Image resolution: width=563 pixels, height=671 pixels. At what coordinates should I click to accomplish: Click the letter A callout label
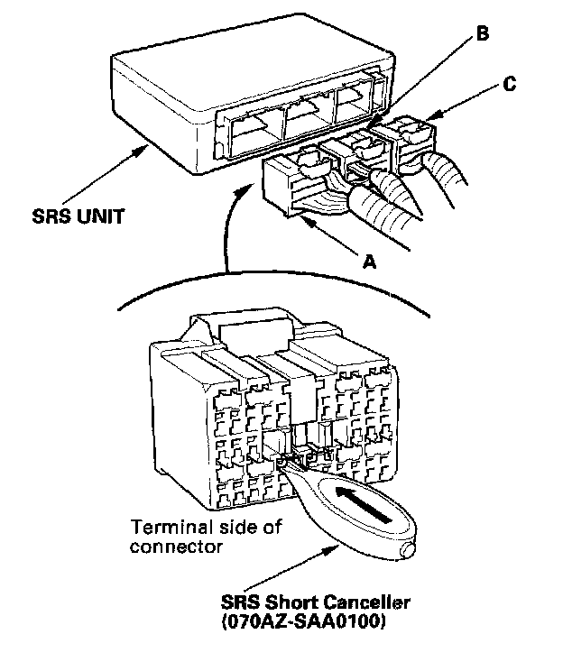[367, 261]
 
